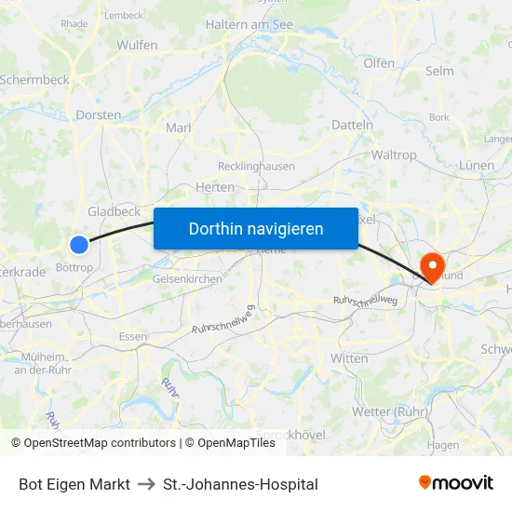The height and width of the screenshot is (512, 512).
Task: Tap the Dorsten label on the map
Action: tap(99, 115)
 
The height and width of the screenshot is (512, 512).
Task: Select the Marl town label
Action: tap(178, 128)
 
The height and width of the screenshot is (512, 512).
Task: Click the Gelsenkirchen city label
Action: tap(187, 278)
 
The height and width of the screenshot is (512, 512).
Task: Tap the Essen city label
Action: tap(133, 336)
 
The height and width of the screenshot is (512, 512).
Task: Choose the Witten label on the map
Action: tap(349, 358)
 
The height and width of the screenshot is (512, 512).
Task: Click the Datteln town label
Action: tap(352, 125)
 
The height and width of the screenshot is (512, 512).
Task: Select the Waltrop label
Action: tap(394, 155)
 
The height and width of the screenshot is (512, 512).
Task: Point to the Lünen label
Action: tap(477, 166)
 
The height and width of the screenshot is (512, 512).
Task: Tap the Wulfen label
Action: tap(137, 45)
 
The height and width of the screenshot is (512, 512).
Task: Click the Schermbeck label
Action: tap(35, 80)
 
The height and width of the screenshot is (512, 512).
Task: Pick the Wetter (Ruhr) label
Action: tap(389, 411)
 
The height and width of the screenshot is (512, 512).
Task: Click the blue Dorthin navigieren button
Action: tap(256, 228)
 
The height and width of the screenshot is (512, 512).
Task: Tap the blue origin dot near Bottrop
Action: tap(79, 244)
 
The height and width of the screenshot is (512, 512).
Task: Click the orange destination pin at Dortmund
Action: tap(433, 266)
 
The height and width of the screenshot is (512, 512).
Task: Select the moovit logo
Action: tap(456, 483)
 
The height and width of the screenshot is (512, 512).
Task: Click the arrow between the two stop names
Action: tap(146, 484)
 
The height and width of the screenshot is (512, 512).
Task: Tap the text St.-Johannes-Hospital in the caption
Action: tap(240, 484)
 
